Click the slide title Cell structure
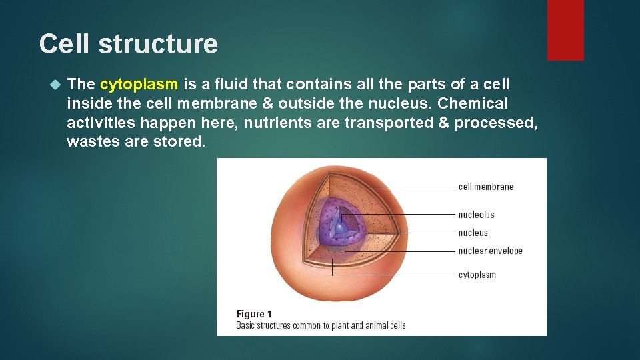[x=128, y=44]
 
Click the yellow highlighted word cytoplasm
[x=139, y=84]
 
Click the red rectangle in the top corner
[x=565, y=30]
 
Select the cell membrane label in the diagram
[x=486, y=187]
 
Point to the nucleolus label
[x=476, y=215]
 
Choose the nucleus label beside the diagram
[x=473, y=233]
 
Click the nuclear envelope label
[x=490, y=251]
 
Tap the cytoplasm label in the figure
[x=477, y=275]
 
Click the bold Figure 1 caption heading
[x=254, y=314]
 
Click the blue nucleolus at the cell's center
[x=341, y=228]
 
